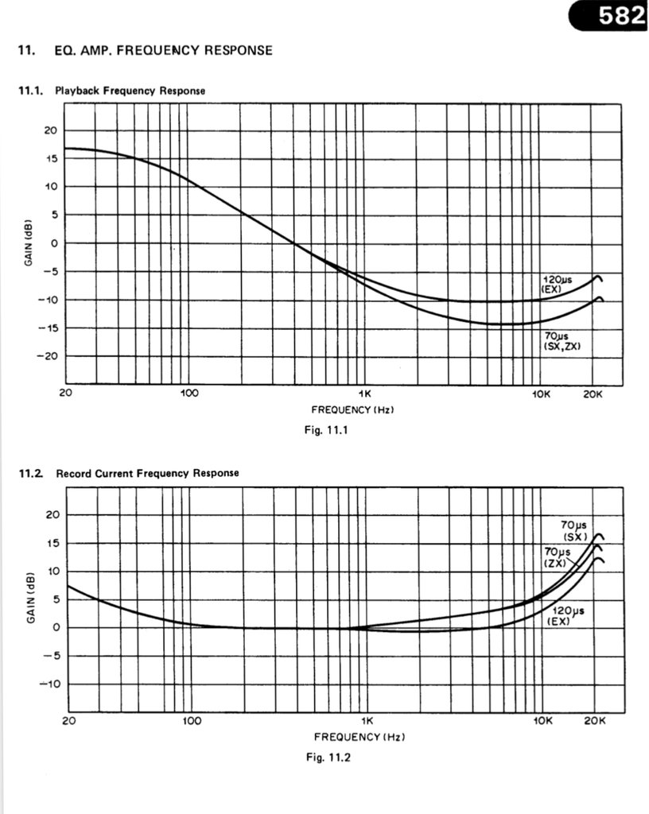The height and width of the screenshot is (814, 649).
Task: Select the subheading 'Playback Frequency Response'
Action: click(x=130, y=91)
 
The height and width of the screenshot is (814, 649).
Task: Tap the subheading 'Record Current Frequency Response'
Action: click(x=147, y=473)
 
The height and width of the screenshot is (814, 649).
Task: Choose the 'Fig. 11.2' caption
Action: click(x=328, y=757)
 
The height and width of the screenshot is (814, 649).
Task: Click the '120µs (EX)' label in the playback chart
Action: click(x=553, y=285)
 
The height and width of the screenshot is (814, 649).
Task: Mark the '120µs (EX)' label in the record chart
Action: click(x=567, y=615)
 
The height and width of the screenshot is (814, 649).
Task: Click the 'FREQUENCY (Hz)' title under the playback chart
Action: click(x=352, y=410)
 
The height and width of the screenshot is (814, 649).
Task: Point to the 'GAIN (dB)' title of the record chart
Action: click(x=30, y=599)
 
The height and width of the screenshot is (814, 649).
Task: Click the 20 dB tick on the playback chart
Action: click(x=49, y=130)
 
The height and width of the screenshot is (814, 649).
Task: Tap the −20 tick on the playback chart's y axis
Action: click(x=46, y=356)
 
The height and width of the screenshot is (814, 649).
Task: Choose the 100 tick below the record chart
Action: click(x=191, y=721)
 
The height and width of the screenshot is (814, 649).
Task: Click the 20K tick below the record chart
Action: click(x=594, y=721)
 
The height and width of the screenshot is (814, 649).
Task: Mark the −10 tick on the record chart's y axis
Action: click(x=47, y=684)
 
